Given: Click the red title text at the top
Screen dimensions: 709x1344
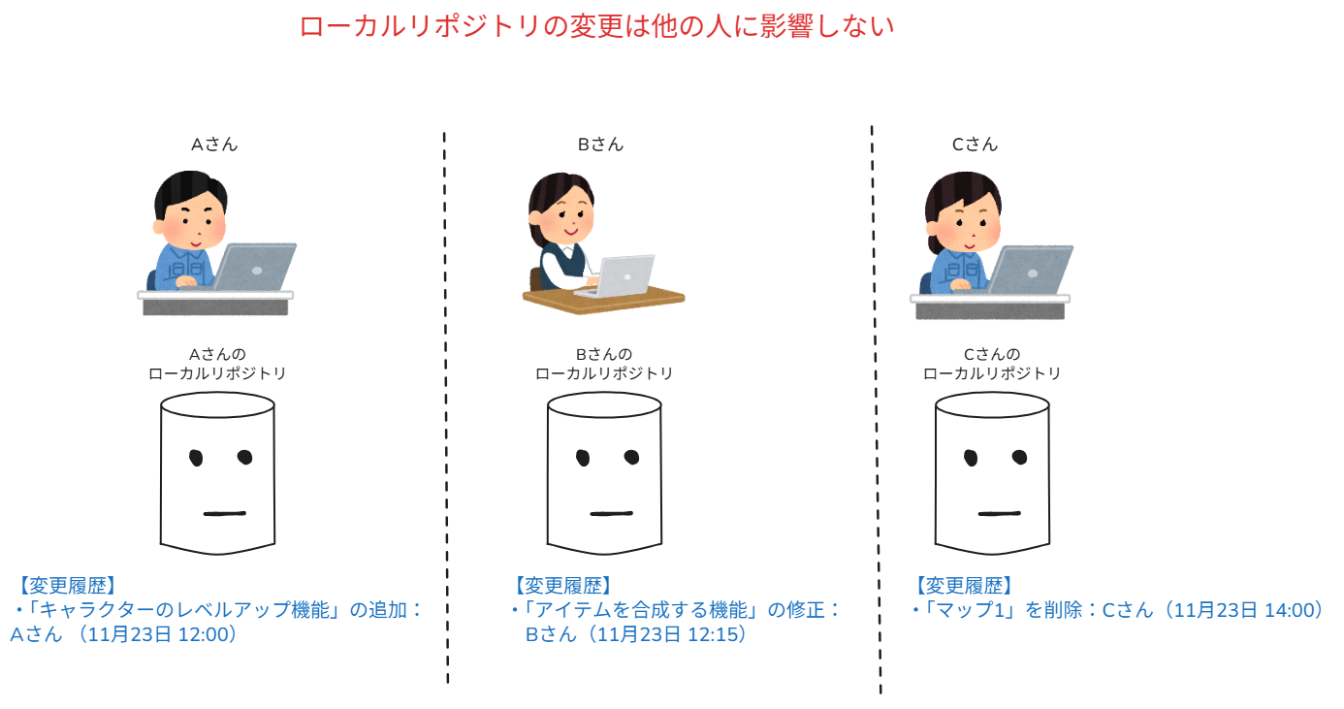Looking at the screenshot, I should point(596,26).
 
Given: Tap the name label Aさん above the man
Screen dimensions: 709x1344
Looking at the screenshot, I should point(214,145).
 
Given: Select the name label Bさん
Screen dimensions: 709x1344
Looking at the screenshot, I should point(600,145).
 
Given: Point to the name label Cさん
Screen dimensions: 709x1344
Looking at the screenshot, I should point(975,145).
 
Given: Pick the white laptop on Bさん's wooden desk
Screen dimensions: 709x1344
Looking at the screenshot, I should point(625,275).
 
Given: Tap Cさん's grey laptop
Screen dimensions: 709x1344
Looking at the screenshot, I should point(1030,270).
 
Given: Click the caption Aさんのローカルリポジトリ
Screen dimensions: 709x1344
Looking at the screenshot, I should point(217,364).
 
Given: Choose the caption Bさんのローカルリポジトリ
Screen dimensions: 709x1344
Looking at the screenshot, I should point(604,364).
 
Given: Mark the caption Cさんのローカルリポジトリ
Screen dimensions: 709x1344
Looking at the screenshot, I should point(992,364).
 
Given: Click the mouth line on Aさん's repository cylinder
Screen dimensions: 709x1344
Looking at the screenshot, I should point(225,513).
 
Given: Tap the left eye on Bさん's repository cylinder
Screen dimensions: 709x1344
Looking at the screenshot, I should point(584,457).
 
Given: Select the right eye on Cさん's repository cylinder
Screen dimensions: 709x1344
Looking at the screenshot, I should point(1019,457).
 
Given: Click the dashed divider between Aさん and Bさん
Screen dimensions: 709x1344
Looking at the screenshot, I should point(445,407).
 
